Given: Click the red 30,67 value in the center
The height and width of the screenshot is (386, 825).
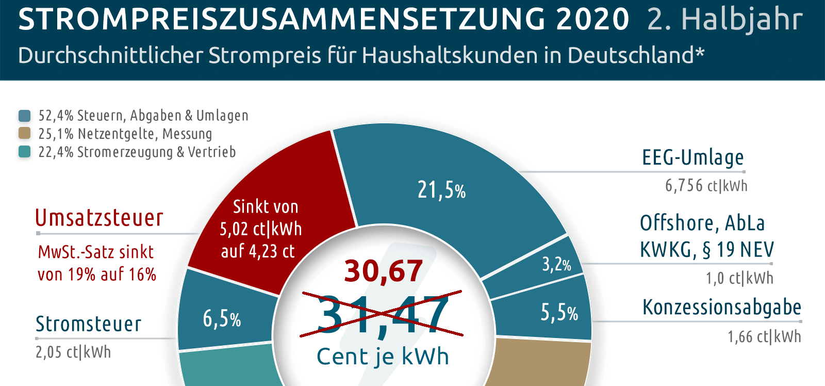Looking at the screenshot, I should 384,271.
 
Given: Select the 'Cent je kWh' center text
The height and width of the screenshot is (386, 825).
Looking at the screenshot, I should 383,357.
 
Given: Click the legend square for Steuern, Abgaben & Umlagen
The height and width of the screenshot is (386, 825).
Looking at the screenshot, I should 24,116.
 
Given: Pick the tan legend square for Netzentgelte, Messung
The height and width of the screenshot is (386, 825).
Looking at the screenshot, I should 24,134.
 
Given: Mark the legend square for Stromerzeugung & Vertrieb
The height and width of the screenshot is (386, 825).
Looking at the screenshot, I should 24,152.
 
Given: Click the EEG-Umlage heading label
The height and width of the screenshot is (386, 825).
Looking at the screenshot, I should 692,157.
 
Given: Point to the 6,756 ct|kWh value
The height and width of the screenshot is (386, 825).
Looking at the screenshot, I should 706,185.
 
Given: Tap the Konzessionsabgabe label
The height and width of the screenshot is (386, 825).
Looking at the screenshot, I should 721,307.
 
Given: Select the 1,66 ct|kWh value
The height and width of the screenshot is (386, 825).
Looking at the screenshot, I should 764,336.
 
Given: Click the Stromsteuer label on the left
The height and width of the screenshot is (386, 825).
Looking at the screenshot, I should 88,324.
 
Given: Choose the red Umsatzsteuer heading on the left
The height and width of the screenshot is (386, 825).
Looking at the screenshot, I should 99,218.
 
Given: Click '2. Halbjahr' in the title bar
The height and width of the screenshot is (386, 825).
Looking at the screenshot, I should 724,20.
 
